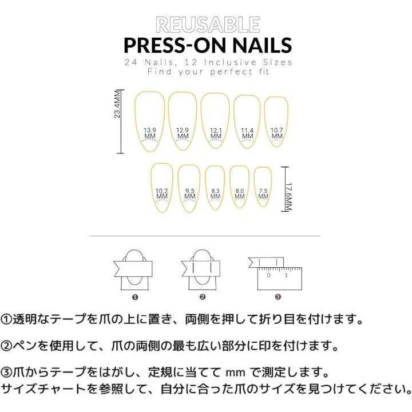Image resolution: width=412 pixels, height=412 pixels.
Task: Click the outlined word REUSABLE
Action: pos(208,25)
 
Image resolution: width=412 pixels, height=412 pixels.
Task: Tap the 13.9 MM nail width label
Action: pos(150,133)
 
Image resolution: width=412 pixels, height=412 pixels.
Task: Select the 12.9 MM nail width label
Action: pos(183,133)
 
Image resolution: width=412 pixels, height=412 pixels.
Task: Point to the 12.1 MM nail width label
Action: pos(216,133)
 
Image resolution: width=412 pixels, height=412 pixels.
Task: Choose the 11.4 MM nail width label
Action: pos(247,133)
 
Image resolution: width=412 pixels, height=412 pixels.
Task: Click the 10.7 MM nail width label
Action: pos(277,133)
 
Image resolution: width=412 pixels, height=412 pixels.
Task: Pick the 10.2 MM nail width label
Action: pos(161,193)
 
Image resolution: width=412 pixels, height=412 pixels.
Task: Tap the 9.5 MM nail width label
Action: pos(190,193)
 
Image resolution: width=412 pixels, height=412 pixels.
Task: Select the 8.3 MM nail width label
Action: pos(215,193)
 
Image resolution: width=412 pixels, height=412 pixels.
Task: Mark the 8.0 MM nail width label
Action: pos(240,193)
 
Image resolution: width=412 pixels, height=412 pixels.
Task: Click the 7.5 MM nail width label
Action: pos(263,193)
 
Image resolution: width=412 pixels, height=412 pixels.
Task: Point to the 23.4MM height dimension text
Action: pos(117,104)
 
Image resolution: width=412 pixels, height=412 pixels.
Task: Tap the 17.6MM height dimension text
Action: pos(289,196)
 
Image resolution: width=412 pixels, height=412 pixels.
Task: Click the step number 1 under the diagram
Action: pos(135,297)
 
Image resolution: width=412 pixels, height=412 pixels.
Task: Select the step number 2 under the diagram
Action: pos(203,297)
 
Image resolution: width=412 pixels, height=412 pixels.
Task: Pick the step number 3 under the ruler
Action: pos(278,297)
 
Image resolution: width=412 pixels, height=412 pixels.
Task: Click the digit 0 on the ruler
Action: pos(268,275)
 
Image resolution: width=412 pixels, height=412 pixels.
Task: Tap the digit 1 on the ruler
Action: pos(286,275)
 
